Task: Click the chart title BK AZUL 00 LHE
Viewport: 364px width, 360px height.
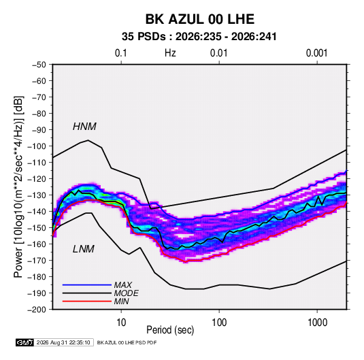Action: (200, 19)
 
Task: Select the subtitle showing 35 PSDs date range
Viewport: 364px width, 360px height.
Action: (199, 37)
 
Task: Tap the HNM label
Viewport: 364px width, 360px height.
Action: (84, 127)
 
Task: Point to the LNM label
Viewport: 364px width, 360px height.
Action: (84, 249)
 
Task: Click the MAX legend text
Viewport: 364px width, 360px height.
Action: (123, 285)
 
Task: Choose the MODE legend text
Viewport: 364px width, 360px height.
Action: (127, 293)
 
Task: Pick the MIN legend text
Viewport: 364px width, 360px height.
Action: (121, 301)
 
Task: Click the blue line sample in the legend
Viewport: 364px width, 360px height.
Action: (87, 285)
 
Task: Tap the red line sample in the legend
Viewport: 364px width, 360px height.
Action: (87, 301)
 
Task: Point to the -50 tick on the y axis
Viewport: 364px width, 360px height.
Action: (39, 65)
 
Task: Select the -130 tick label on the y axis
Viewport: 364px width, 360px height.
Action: (37, 195)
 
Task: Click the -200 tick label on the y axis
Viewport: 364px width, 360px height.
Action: (37, 310)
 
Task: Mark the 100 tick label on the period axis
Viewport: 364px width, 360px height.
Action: (219, 323)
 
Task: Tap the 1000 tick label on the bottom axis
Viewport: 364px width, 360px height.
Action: (317, 323)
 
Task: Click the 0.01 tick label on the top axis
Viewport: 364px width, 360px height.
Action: (218, 53)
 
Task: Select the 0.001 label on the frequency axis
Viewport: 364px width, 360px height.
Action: (316, 53)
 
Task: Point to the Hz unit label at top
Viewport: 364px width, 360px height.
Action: (170, 53)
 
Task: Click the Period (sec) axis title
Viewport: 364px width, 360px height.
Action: (170, 330)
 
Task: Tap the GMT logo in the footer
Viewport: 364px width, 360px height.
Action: (24, 342)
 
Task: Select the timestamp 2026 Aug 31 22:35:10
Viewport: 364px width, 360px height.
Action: (63, 342)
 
